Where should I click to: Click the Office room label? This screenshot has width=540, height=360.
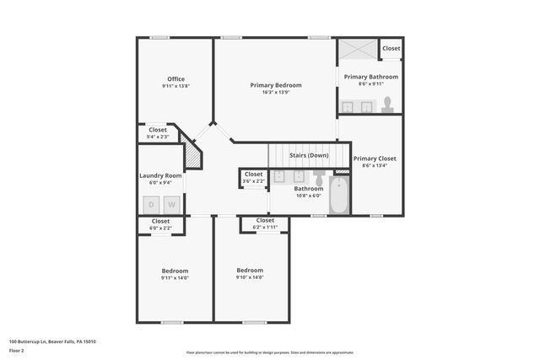175,79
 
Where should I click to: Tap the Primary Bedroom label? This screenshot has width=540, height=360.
276,85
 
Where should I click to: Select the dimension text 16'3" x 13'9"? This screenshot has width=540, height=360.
276,93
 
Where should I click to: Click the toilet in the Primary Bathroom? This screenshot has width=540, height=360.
387,105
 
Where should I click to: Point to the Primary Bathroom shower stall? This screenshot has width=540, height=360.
358,49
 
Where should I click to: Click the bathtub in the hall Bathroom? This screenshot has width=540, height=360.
339,196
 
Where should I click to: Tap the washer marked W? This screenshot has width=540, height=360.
171,205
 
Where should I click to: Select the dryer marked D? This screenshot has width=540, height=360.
152,205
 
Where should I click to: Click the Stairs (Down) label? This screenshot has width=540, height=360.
309,155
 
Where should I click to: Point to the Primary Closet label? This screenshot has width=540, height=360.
374,159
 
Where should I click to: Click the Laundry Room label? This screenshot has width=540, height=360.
160,175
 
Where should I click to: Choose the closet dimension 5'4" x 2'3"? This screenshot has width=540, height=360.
159,137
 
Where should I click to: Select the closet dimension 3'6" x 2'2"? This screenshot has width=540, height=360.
253,181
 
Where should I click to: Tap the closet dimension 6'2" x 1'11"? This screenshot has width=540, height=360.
265,227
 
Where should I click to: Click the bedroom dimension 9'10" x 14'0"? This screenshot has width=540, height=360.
250,277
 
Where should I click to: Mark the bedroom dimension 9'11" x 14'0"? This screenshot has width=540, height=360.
175,278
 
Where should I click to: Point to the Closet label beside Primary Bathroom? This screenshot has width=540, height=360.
391,49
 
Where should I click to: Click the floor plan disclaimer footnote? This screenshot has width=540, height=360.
270,352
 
